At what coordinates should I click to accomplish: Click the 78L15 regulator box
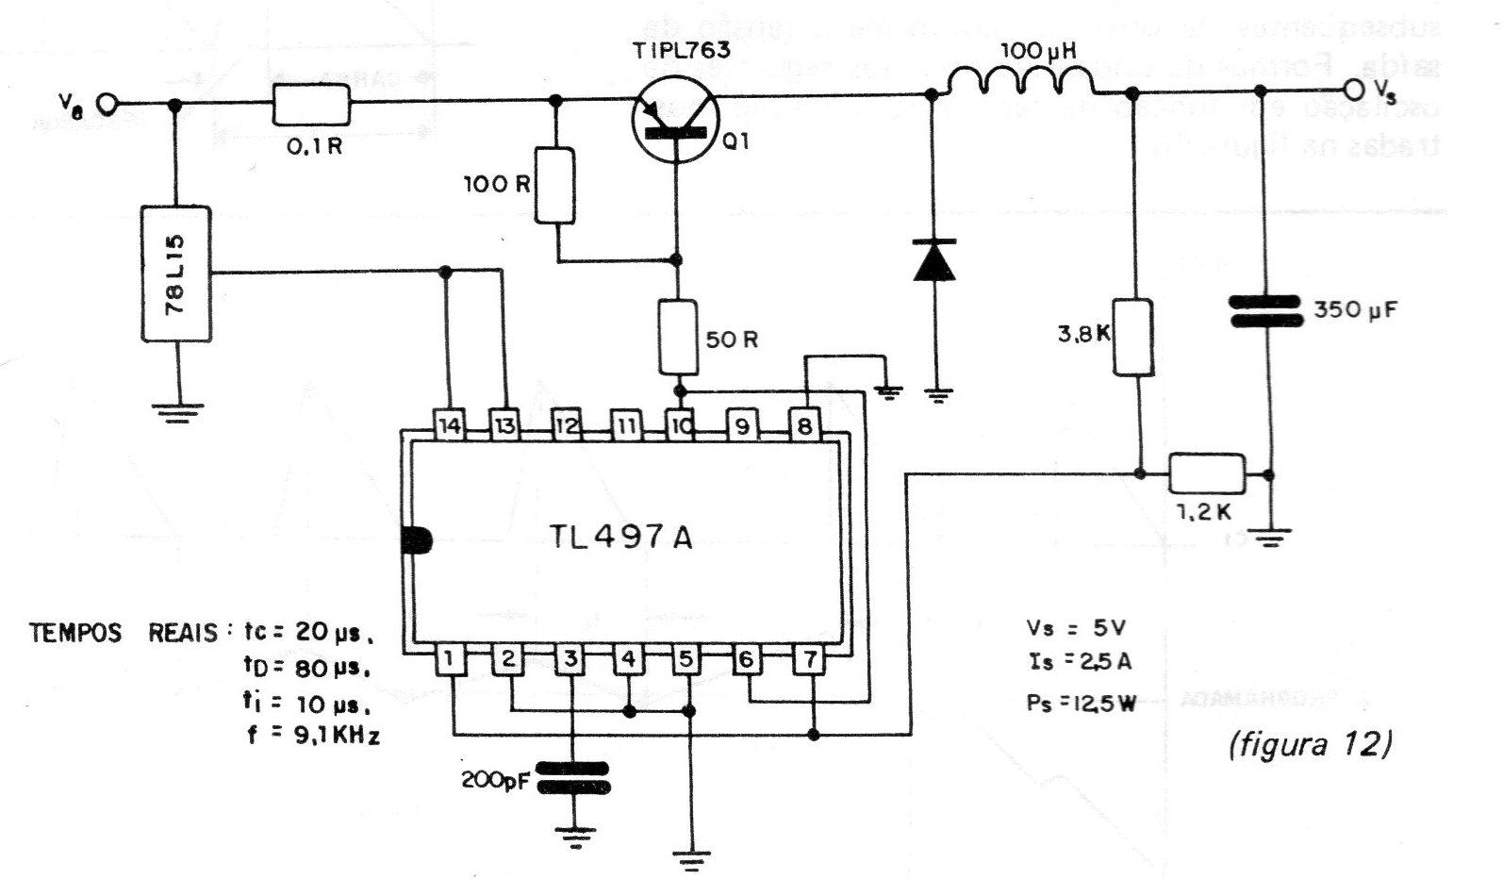pyautogui.click(x=176, y=273)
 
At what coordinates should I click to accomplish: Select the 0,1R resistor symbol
pyautogui.click(x=310, y=104)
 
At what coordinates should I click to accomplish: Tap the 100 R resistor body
pyautogui.click(x=554, y=185)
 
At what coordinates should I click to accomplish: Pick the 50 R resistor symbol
pyautogui.click(x=678, y=337)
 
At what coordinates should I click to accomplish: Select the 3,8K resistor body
pyautogui.click(x=1132, y=337)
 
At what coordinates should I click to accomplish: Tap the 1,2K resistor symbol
pyautogui.click(x=1206, y=473)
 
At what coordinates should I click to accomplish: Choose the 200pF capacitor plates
pyautogui.click(x=572, y=777)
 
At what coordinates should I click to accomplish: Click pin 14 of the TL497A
pyautogui.click(x=450, y=425)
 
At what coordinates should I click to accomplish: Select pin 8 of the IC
pyautogui.click(x=804, y=425)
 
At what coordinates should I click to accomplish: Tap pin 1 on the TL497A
pyautogui.click(x=452, y=659)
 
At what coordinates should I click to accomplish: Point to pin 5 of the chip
pyautogui.click(x=687, y=659)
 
